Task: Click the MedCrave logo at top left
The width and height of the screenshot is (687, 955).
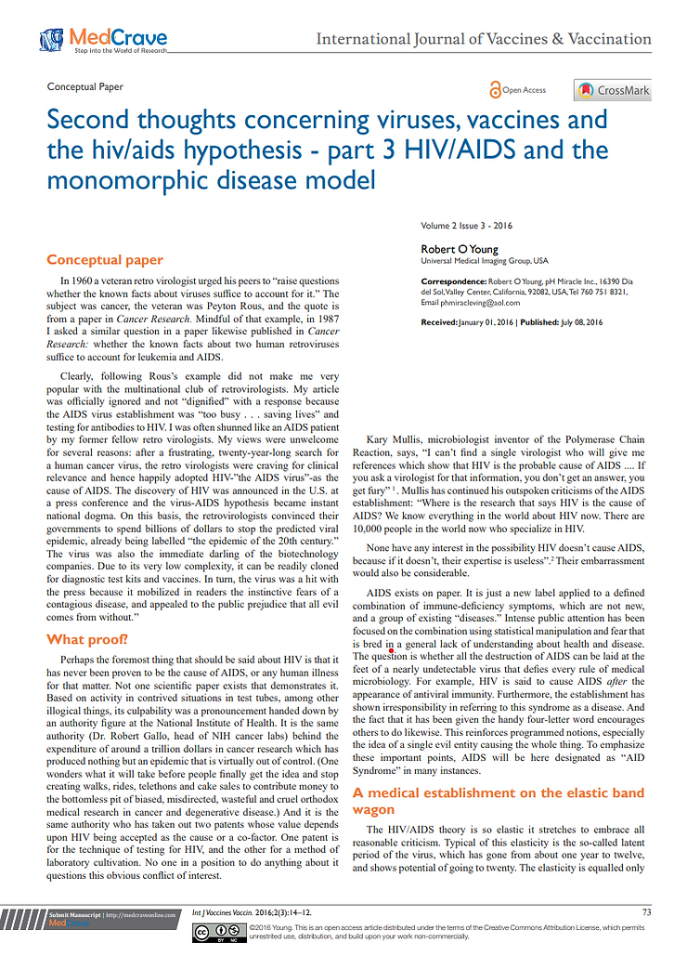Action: point(103,40)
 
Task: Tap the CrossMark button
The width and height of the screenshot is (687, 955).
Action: point(613,90)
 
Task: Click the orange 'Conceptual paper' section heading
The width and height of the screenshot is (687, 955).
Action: point(105,259)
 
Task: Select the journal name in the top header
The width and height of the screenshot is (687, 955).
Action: point(484,39)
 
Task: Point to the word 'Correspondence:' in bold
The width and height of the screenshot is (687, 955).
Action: point(454,281)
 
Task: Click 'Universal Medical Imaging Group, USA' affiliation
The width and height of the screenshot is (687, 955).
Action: point(484,261)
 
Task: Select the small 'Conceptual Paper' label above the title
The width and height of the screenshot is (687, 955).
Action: point(84,86)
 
